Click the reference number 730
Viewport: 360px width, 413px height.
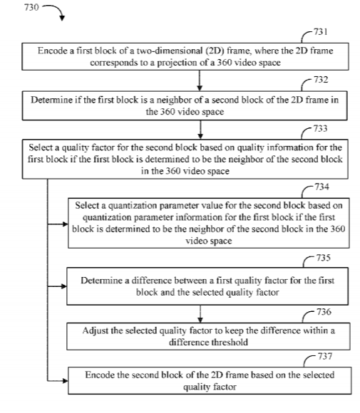click(x=31, y=7)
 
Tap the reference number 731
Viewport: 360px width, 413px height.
click(x=321, y=32)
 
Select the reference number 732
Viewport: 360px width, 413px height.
click(x=321, y=80)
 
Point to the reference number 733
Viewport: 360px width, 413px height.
click(x=320, y=129)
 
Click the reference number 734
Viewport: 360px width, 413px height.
click(x=322, y=187)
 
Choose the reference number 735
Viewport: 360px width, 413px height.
click(x=324, y=258)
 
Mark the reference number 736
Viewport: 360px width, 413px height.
click(x=324, y=312)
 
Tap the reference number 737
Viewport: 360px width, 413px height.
click(x=325, y=356)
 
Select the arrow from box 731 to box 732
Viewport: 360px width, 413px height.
click(x=200, y=80)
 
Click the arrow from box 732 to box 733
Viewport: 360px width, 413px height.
click(x=200, y=130)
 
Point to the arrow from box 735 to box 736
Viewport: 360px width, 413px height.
click(x=200, y=314)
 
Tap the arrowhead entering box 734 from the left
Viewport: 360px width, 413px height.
click(x=65, y=224)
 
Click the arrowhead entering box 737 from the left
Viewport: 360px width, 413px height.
click(x=65, y=381)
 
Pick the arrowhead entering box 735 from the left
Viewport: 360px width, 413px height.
click(x=63, y=286)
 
